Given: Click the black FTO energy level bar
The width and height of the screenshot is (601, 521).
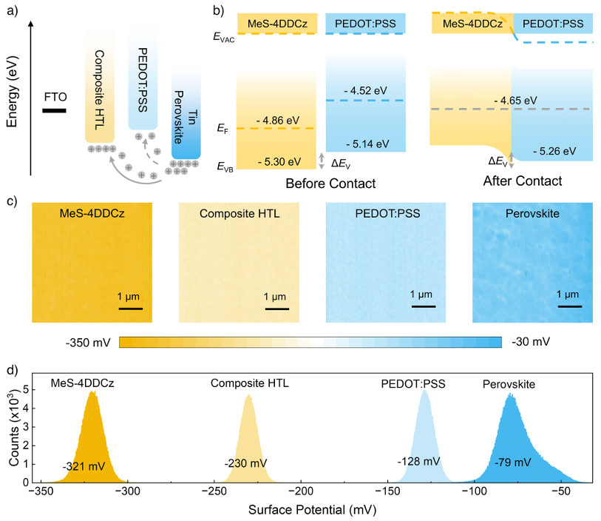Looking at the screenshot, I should tap(54, 111).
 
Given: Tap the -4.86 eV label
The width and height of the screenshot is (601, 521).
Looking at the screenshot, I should tap(277, 120).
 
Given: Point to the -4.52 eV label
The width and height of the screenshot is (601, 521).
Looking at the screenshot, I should tap(365, 90).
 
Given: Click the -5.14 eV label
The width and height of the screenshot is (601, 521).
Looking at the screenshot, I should tap(364, 143).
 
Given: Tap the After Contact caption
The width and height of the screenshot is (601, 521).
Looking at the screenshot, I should tap(522, 181).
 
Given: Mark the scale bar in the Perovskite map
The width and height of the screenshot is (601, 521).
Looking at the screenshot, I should tap(569, 306).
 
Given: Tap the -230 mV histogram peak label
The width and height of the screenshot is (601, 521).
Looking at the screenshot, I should tap(245, 463).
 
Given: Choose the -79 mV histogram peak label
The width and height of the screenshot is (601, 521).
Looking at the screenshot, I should tap(513, 463).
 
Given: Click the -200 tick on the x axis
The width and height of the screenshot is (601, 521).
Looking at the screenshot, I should tap(299, 491).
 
